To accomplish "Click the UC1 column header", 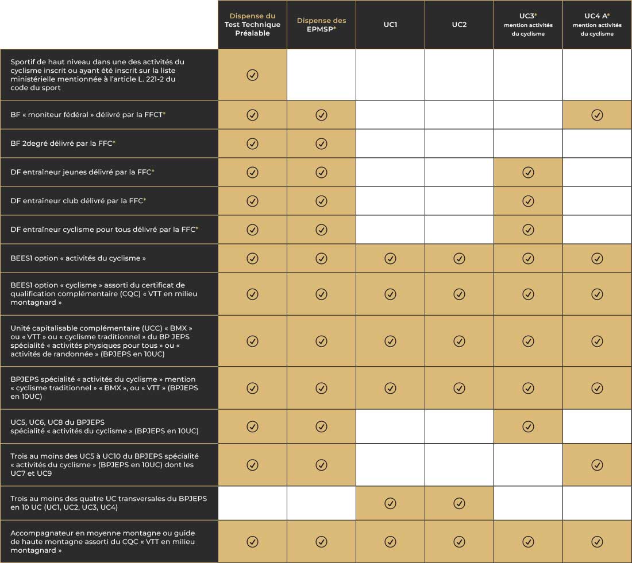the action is coord(390,25).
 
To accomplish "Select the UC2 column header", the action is coord(459,25).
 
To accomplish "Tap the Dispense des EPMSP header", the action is coord(321,25).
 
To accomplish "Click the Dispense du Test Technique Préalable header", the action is coord(252,25).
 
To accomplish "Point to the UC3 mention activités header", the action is coord(528,25).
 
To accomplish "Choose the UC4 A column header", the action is coord(597,25).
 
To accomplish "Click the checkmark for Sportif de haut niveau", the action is coord(252,75).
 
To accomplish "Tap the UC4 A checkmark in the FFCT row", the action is coord(597,115).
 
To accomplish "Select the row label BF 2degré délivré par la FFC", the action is coord(63,143).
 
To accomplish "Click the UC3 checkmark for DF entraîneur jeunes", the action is coord(528,172).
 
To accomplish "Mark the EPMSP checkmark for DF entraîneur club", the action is coord(321,201).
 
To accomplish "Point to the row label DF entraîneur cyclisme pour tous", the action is coord(105,230).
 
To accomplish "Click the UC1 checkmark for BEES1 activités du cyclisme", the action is coord(390,258).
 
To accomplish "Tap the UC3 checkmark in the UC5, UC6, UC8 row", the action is coord(528,426).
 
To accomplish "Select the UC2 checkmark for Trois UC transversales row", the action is coord(459,503).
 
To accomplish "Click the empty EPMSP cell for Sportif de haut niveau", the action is coord(321,75).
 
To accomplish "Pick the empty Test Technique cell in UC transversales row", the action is coord(252,503).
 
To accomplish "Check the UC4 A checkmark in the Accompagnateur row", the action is coord(597,542).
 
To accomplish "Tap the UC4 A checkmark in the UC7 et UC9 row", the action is coord(597,465).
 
